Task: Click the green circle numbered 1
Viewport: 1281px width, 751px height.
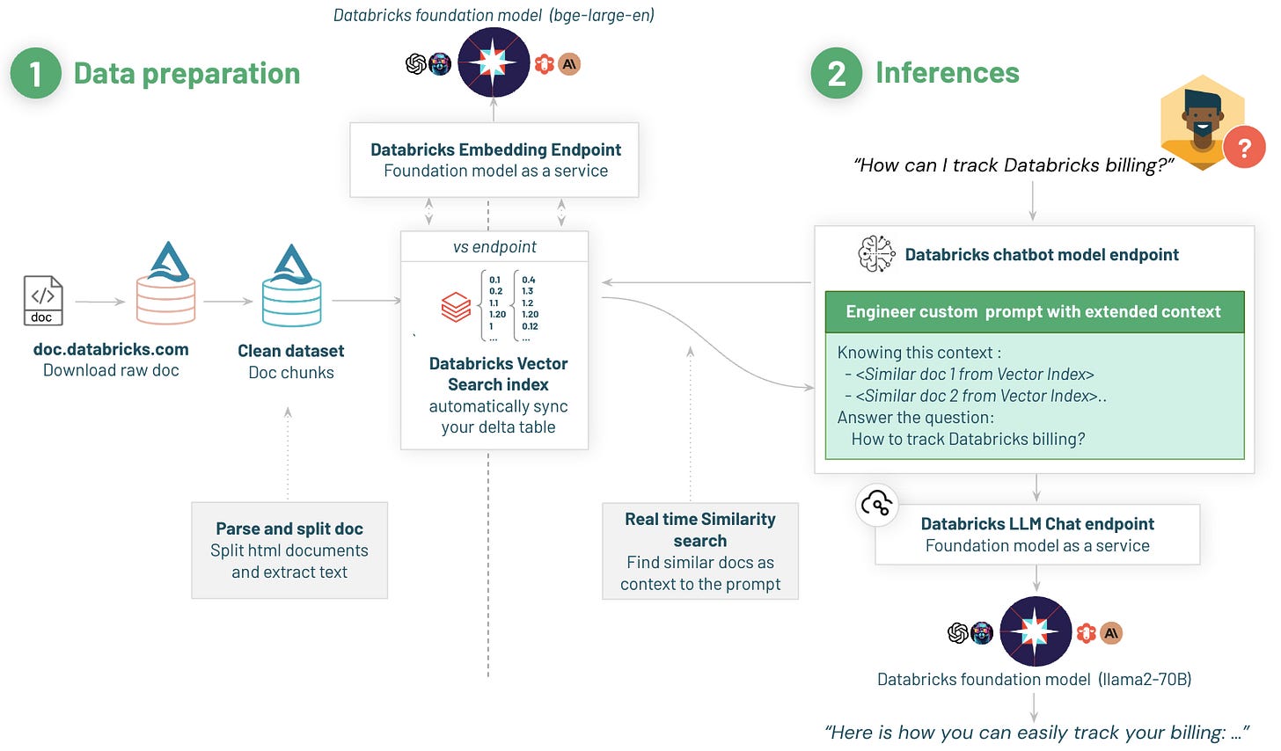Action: point(35,73)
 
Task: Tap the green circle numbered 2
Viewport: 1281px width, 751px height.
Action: point(836,73)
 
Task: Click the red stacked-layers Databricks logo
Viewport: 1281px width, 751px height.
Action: point(456,308)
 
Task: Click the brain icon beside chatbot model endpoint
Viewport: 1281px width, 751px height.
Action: point(875,254)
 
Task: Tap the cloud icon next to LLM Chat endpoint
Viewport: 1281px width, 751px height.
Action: point(876,505)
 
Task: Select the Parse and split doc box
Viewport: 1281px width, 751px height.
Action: point(289,550)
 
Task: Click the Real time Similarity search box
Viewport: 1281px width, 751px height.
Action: point(700,551)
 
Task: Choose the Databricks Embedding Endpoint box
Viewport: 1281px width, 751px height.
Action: point(494,160)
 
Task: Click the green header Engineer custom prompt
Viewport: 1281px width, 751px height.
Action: point(1034,312)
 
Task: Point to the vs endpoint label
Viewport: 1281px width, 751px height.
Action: point(494,247)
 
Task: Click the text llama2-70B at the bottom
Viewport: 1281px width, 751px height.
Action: point(1144,679)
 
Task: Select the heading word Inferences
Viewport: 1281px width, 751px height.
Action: point(947,73)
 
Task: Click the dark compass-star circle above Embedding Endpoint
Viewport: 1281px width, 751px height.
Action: point(494,62)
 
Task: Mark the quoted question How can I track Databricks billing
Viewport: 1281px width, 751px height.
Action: point(1014,165)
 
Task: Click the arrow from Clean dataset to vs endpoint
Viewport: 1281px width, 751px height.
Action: point(366,301)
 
